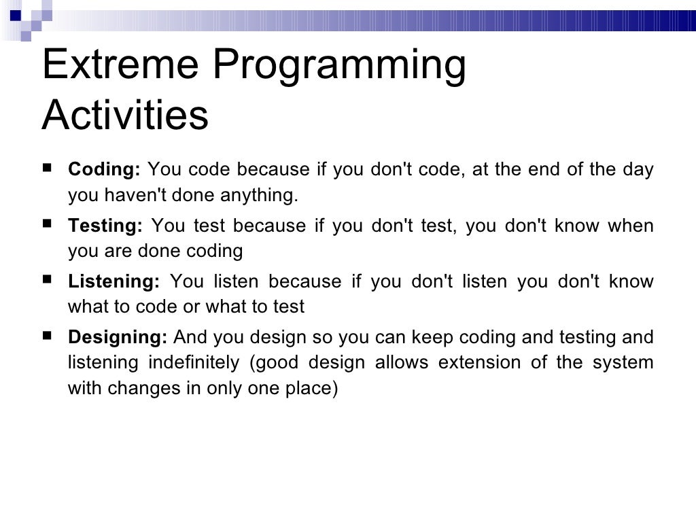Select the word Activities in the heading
pyautogui.click(x=124, y=116)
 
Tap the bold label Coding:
pyautogui.click(x=104, y=170)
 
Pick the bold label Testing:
pyautogui.click(x=105, y=226)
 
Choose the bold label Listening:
pyautogui.click(x=114, y=281)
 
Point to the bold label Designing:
pyautogui.click(x=118, y=337)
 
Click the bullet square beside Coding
pyautogui.click(x=47, y=169)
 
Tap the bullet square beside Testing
pyautogui.click(x=47, y=224)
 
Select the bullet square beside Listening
pyautogui.click(x=47, y=279)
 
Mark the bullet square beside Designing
pyautogui.click(x=47, y=335)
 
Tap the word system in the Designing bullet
pyautogui.click(x=624, y=363)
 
